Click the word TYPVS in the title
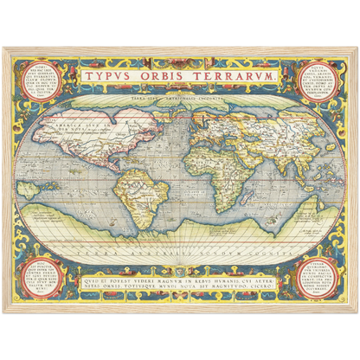tap(113, 77)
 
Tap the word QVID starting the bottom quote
tap(98, 279)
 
